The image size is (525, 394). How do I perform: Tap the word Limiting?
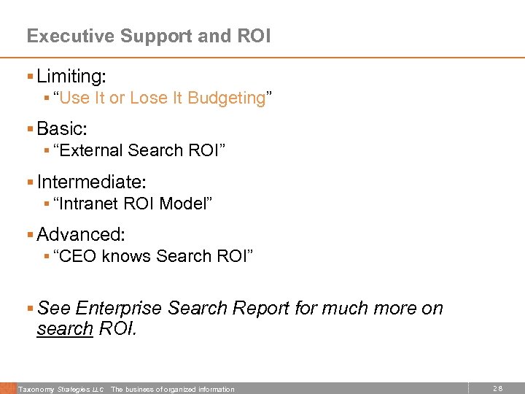(71, 76)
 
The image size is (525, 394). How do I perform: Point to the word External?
(92, 150)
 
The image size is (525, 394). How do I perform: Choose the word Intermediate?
(90, 182)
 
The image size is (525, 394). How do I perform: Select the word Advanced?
(80, 235)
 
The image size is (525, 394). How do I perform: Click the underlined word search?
(64, 329)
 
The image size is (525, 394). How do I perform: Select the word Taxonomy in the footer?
(34, 389)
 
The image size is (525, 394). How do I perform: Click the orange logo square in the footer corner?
(7, 388)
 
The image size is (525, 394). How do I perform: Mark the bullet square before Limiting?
(29, 76)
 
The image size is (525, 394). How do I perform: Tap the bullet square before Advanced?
(29, 235)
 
